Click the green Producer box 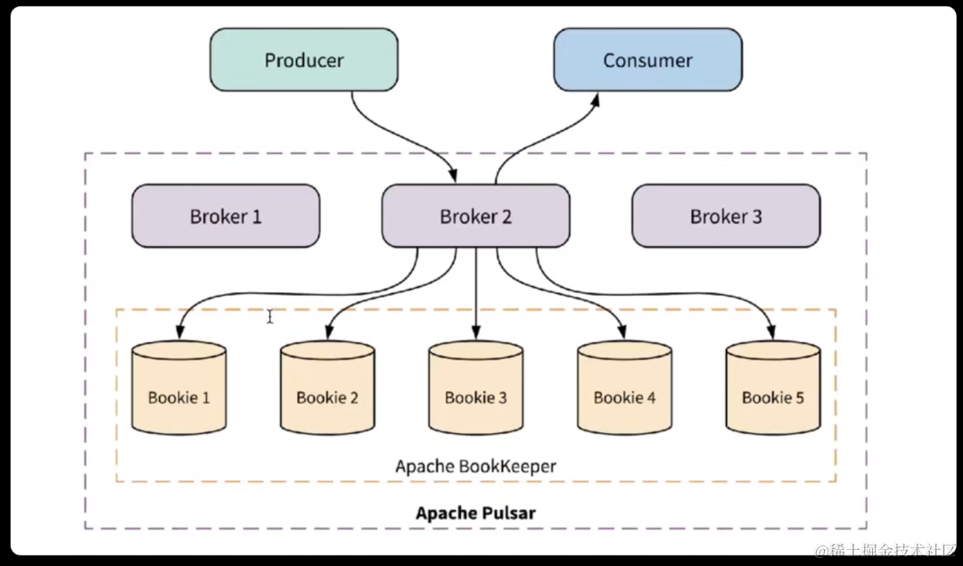pos(303,60)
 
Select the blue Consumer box pos(647,60)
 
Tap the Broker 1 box pos(226,216)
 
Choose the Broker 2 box pos(475,216)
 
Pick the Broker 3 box pos(726,216)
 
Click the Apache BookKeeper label pos(475,466)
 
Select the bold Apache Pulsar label pos(475,513)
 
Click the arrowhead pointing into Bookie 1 pos(179,332)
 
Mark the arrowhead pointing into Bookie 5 pos(771,332)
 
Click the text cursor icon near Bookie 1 pos(270,316)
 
